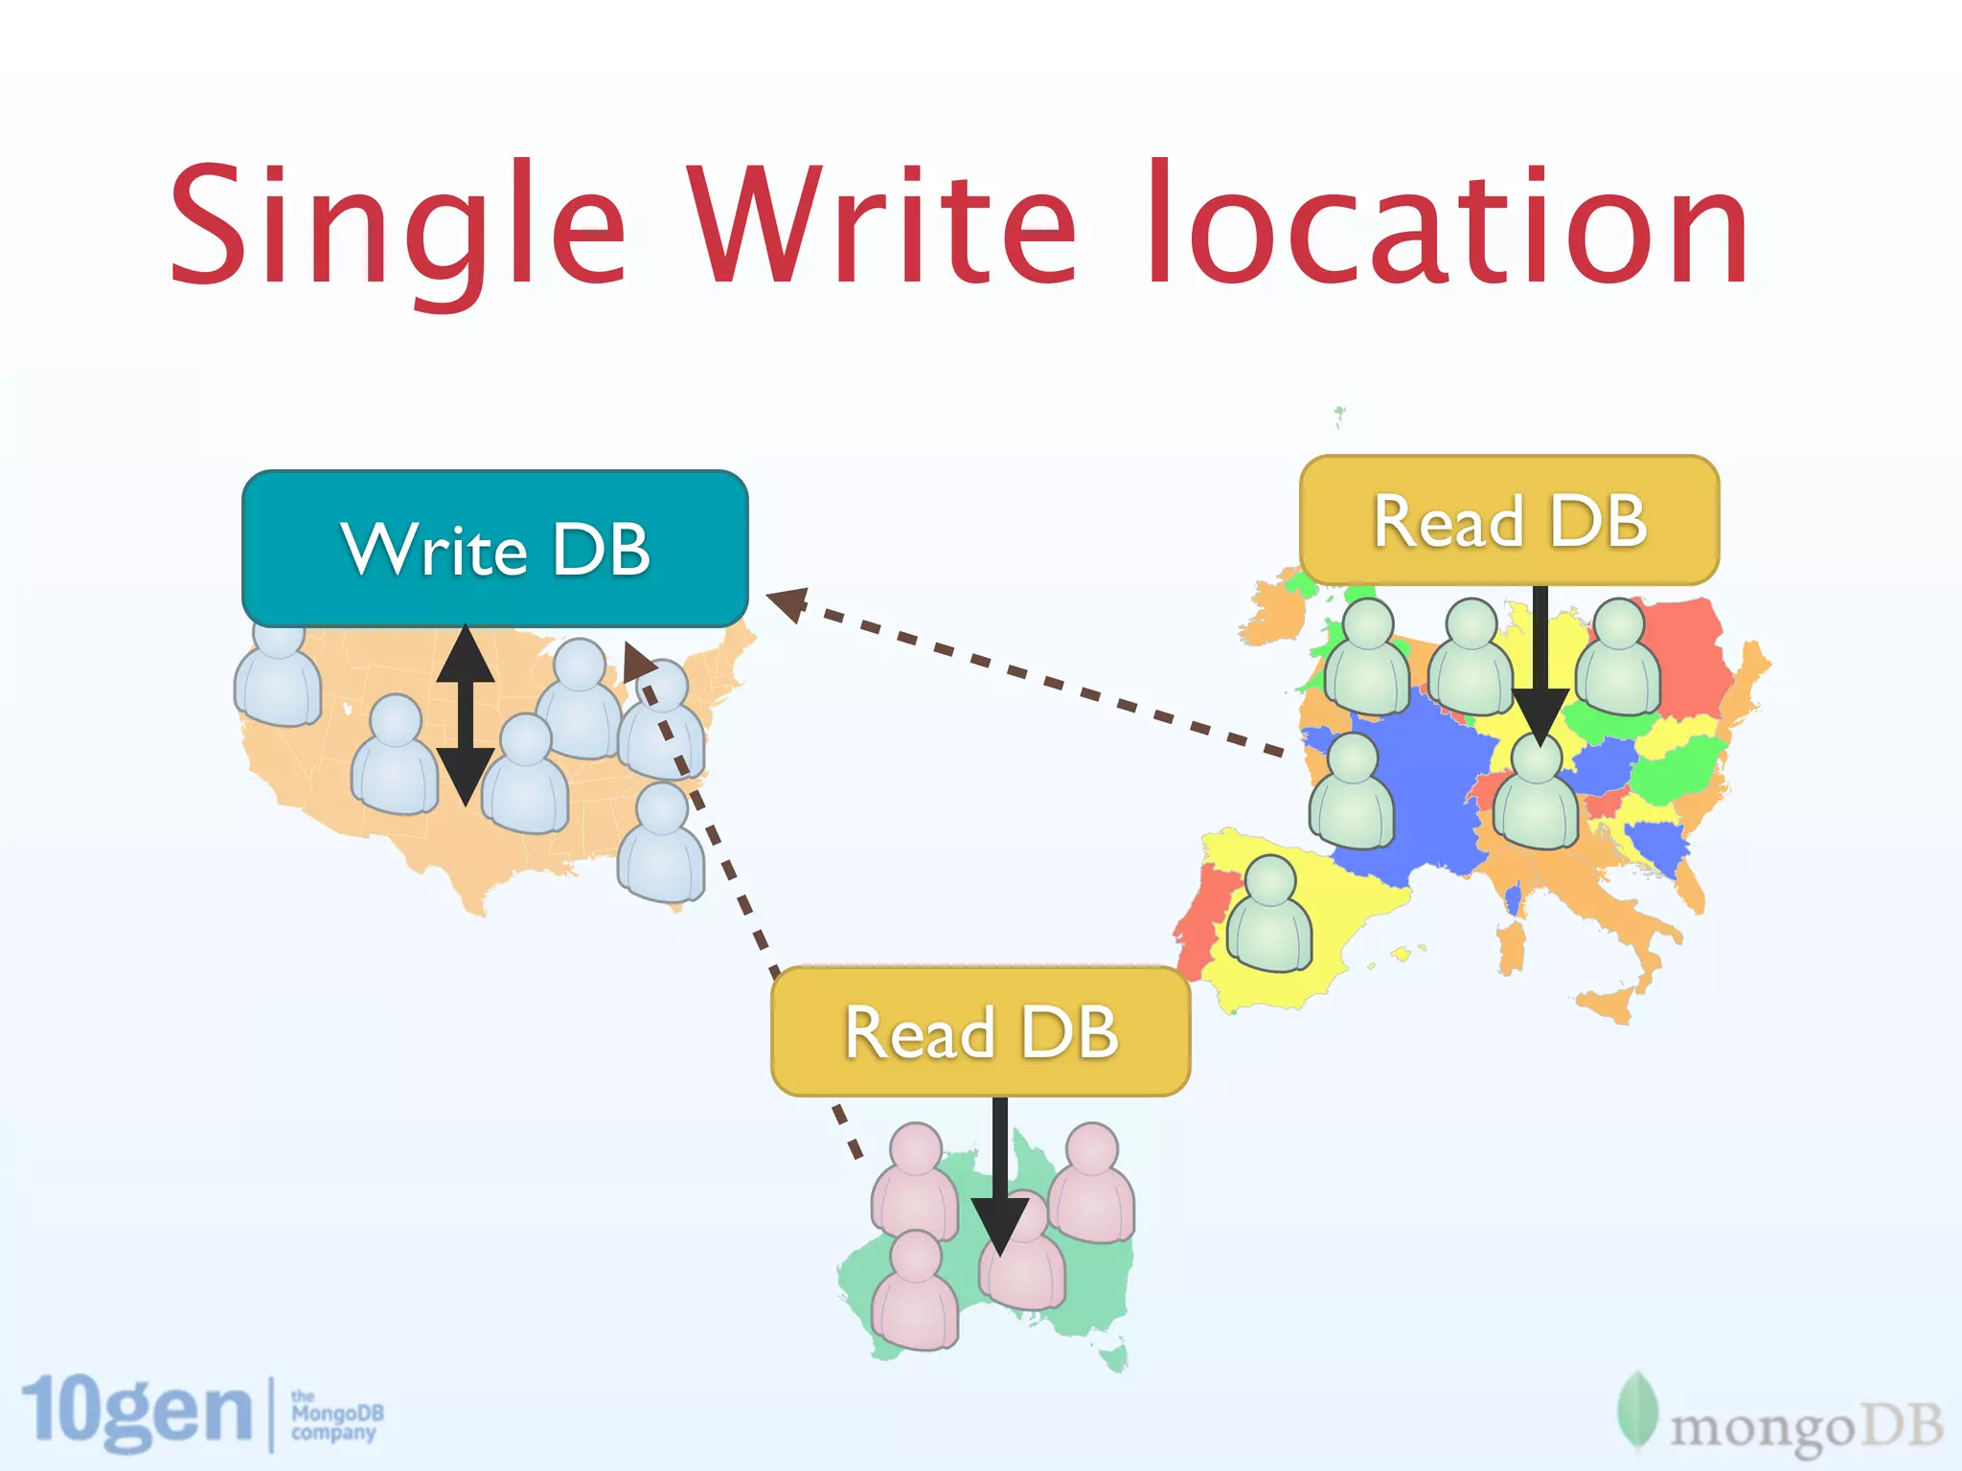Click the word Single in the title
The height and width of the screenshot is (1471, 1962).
coord(398,225)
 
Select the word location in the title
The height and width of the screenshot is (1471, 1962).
coord(1447,225)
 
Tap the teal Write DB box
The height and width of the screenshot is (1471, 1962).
coord(494,549)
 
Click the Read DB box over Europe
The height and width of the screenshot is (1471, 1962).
coord(1509,521)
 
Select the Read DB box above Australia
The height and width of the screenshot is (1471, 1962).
coord(980,1031)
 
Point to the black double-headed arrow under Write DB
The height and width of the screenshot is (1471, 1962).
coord(465,713)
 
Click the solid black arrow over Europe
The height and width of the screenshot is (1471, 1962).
coord(1540,670)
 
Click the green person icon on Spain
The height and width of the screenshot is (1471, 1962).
coord(1269,915)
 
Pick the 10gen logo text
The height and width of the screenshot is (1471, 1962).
coord(134,1413)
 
